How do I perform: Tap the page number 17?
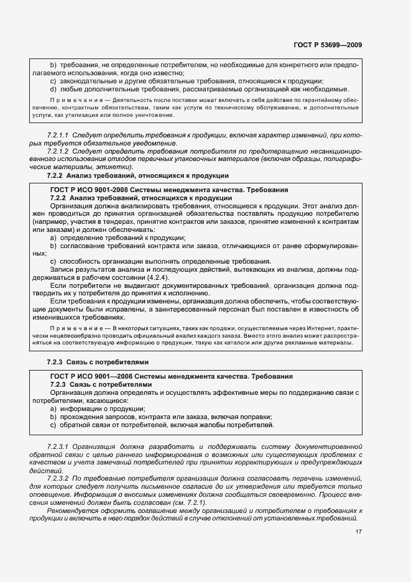[359, 531]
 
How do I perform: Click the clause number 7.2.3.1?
[58, 446]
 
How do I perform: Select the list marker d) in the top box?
[53, 89]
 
